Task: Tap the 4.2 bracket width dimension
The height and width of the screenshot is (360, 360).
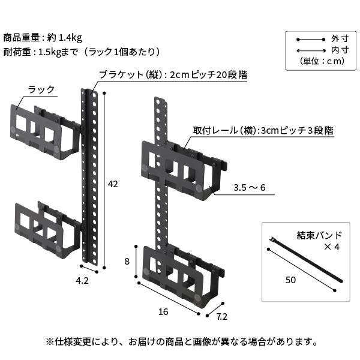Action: tap(82, 280)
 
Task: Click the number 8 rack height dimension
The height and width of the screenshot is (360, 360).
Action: tap(127, 261)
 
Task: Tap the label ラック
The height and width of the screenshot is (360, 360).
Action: tap(41, 90)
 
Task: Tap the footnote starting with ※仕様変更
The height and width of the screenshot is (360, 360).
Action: tap(180, 341)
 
